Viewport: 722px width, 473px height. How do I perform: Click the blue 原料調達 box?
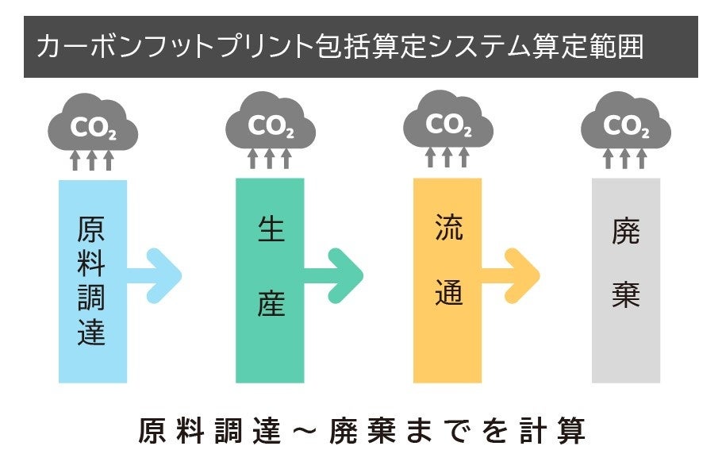tap(92, 281)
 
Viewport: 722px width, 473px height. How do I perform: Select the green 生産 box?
tap(270, 281)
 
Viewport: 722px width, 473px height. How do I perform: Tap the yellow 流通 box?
tap(447, 281)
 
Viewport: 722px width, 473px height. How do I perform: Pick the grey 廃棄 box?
tap(626, 281)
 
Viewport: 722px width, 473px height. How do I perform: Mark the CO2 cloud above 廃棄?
tap(626, 125)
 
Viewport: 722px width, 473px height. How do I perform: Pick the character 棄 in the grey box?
tap(626, 294)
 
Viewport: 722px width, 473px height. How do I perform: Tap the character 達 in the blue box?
tap(93, 333)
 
